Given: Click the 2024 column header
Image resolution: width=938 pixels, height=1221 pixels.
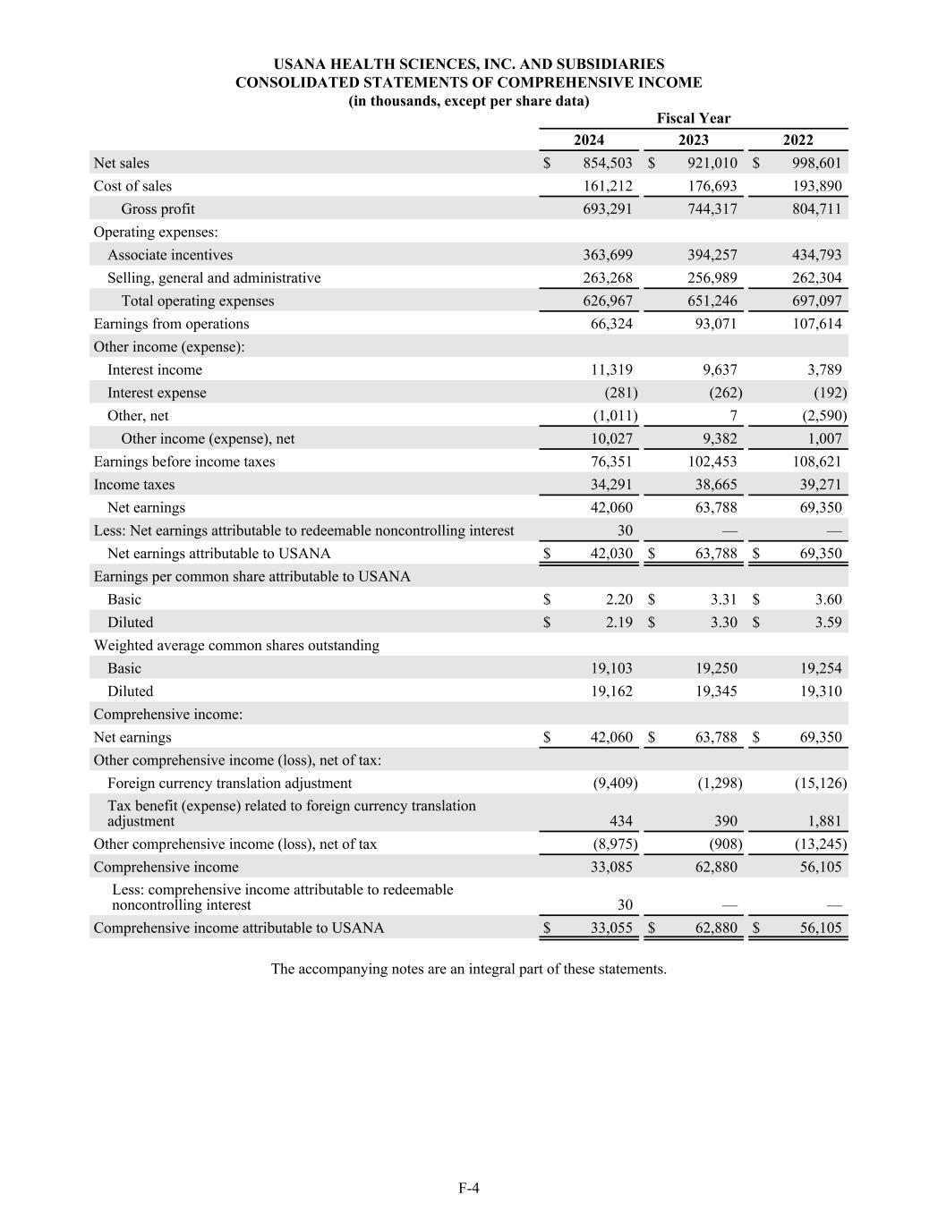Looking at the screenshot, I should point(589,140).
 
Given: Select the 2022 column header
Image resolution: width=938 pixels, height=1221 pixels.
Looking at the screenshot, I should point(798,140).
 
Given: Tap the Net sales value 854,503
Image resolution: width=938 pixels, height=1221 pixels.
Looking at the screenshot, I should point(608,163).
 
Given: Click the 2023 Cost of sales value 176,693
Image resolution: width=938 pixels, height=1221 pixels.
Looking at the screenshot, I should point(712,186).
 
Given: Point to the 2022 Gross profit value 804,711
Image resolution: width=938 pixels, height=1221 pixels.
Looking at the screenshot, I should point(817,209).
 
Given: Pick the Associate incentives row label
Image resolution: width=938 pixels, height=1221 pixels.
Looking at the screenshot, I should point(170,255).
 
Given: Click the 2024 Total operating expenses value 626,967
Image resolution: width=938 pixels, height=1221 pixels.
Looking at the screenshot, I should point(608,301).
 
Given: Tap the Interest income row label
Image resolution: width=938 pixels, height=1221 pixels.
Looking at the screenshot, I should point(155,369).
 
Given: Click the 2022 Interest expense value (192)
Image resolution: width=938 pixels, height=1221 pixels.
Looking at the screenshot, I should point(830,393).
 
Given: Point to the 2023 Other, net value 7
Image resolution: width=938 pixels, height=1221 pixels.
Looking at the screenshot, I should point(733,416).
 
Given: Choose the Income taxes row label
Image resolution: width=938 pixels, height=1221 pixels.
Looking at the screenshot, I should point(134,485).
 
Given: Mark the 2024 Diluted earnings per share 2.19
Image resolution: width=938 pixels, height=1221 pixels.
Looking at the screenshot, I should point(619,623).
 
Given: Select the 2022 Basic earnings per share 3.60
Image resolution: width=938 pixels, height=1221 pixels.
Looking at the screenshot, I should point(828,599).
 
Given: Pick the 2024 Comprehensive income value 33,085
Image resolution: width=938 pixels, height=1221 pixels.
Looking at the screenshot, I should point(611,867).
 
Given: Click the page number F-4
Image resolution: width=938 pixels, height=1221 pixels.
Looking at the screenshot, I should point(469,1188).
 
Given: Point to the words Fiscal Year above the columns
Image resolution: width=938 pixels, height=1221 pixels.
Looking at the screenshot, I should point(694,118).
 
